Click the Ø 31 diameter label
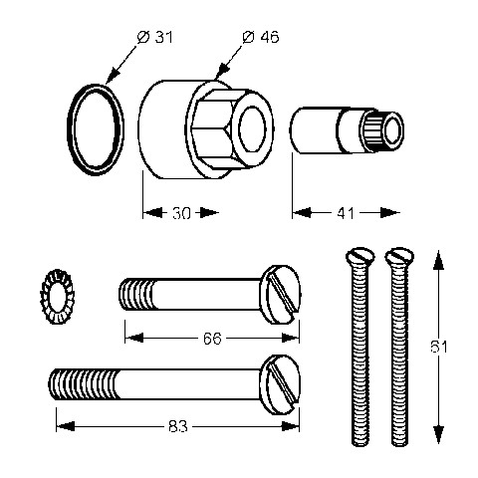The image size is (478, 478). click(x=155, y=37)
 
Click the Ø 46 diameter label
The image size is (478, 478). click(x=261, y=37)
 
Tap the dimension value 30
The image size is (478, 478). click(x=181, y=213)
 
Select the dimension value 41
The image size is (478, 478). click(x=346, y=213)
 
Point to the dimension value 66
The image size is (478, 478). click(x=212, y=339)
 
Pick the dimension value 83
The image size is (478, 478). click(x=178, y=426)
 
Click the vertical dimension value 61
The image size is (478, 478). click(x=439, y=347)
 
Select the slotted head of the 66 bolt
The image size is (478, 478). click(x=281, y=294)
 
